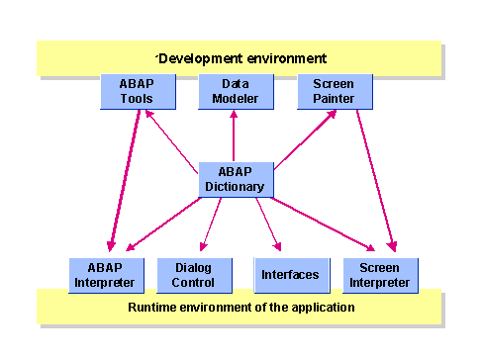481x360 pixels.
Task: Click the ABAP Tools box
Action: coord(139,92)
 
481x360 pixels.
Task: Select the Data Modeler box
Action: coord(235,92)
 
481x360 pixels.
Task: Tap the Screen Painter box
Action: coord(335,92)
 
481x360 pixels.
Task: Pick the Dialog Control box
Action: coord(194,275)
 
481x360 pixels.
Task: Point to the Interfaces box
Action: coord(289,274)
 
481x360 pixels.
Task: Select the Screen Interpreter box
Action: coord(379,275)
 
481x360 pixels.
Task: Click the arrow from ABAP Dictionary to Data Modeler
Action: coord(235,135)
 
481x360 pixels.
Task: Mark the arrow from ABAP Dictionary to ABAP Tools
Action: coord(173,137)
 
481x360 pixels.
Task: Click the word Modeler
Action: coord(235,99)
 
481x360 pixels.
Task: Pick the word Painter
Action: coord(335,99)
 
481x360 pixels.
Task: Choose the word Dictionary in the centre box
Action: coord(236,186)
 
